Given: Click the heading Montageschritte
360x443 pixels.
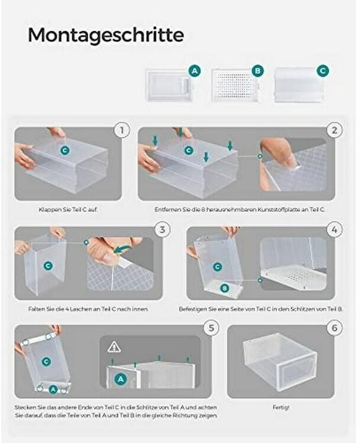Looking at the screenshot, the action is point(106,35).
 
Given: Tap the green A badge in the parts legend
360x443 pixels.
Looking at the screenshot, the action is point(194,71).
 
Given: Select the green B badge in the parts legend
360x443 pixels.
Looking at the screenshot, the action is point(257,71).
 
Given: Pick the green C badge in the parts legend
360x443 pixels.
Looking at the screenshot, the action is point(322,71).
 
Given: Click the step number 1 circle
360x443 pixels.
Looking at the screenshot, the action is point(122,130).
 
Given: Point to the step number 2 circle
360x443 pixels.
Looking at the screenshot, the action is point(335,130).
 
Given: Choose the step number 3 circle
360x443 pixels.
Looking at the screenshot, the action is point(162,229).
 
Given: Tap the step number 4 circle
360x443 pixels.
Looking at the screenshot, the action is point(335,229).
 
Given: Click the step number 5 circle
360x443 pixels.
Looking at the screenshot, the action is point(211,328).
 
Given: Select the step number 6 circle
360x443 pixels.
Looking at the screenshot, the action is point(335,328).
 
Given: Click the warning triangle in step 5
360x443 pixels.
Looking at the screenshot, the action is point(114,346).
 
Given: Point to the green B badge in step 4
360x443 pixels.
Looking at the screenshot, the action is point(225,288).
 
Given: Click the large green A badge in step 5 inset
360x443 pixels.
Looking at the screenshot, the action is point(121,378).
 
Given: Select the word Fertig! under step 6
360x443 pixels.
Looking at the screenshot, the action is point(281,407).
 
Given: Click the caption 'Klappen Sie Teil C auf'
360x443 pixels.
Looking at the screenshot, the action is point(68,210).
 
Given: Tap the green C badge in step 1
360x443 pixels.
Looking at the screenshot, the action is point(65,150).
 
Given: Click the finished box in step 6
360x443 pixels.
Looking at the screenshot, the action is point(280,362).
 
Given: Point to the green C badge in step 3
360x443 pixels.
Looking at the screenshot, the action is point(48,266).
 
